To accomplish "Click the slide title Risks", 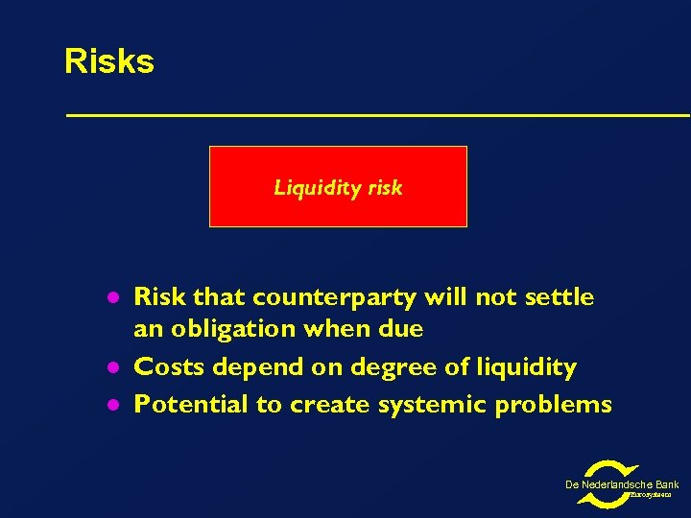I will coord(108,61).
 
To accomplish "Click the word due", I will coord(400,329).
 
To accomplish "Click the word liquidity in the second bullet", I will coord(522,367).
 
